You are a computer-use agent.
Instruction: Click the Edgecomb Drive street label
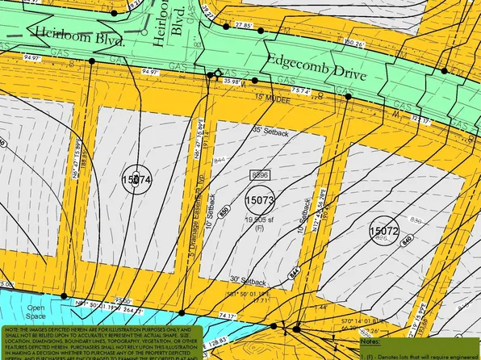point(318,70)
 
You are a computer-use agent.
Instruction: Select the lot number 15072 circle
point(385,231)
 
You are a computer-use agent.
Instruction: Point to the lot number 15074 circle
point(136,180)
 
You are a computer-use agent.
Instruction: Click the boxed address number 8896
point(260,174)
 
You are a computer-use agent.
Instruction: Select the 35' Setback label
point(269,129)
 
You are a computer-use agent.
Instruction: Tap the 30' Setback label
point(248,281)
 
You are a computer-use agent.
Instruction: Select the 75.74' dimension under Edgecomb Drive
point(302,90)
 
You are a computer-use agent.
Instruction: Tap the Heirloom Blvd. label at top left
point(79,38)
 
